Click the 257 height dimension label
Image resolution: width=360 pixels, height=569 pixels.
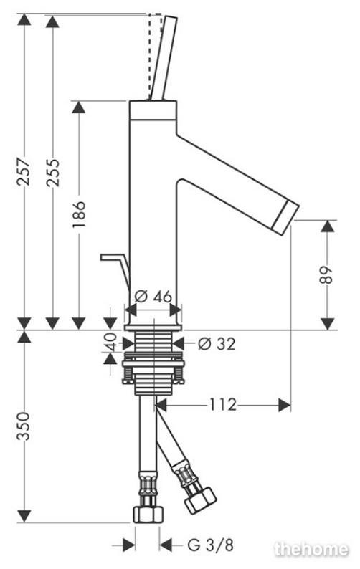24,172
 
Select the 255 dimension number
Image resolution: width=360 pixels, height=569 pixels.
52,173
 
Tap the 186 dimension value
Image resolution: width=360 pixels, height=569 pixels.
79,214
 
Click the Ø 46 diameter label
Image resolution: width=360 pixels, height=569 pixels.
153,297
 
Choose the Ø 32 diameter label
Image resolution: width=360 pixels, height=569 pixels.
217,343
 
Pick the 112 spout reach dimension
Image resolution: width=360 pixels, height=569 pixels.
223,404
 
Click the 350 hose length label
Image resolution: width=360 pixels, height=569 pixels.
24,426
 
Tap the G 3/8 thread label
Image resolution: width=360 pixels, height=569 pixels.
211,545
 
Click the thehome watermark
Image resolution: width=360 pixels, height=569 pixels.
312,548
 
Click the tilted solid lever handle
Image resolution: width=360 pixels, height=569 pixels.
164,57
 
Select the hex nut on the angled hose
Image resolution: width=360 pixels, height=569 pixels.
200,500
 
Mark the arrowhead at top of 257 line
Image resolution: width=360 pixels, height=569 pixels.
24,19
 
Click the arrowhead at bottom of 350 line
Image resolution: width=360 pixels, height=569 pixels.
24,517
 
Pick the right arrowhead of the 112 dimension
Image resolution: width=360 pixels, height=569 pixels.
285,404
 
